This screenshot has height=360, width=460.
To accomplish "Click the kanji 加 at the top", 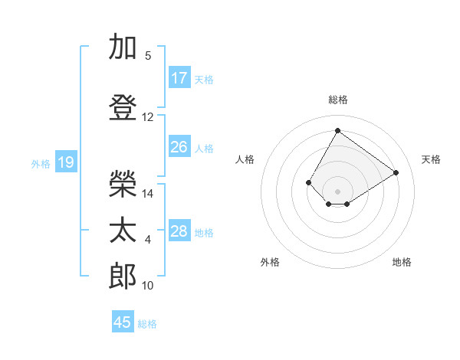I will click(123, 47).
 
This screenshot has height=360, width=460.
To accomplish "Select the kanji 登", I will click(123, 108).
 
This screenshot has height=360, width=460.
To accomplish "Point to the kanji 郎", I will click(123, 277).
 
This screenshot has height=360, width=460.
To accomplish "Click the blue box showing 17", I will click(179, 78).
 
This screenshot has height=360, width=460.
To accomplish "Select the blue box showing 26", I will click(179, 147).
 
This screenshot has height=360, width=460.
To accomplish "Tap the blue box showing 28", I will click(179, 231).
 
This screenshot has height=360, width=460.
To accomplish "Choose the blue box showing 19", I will click(65, 162).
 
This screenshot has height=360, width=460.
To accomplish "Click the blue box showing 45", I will click(123, 322).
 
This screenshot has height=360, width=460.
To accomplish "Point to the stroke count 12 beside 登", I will click(148, 117).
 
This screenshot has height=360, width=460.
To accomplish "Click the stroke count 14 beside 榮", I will click(148, 194).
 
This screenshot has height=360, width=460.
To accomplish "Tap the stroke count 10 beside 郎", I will click(148, 286).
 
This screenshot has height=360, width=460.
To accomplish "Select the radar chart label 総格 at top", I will click(337, 100).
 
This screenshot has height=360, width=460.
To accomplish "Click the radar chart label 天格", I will click(431, 159).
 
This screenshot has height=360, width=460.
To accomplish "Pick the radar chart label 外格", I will click(270, 262).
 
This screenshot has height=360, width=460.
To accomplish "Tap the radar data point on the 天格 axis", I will click(396, 172).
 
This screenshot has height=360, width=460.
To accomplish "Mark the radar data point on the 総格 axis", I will click(337, 130).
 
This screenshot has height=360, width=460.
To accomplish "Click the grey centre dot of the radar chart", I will click(337, 191).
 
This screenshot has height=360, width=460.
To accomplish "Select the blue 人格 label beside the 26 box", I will click(204, 148).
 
